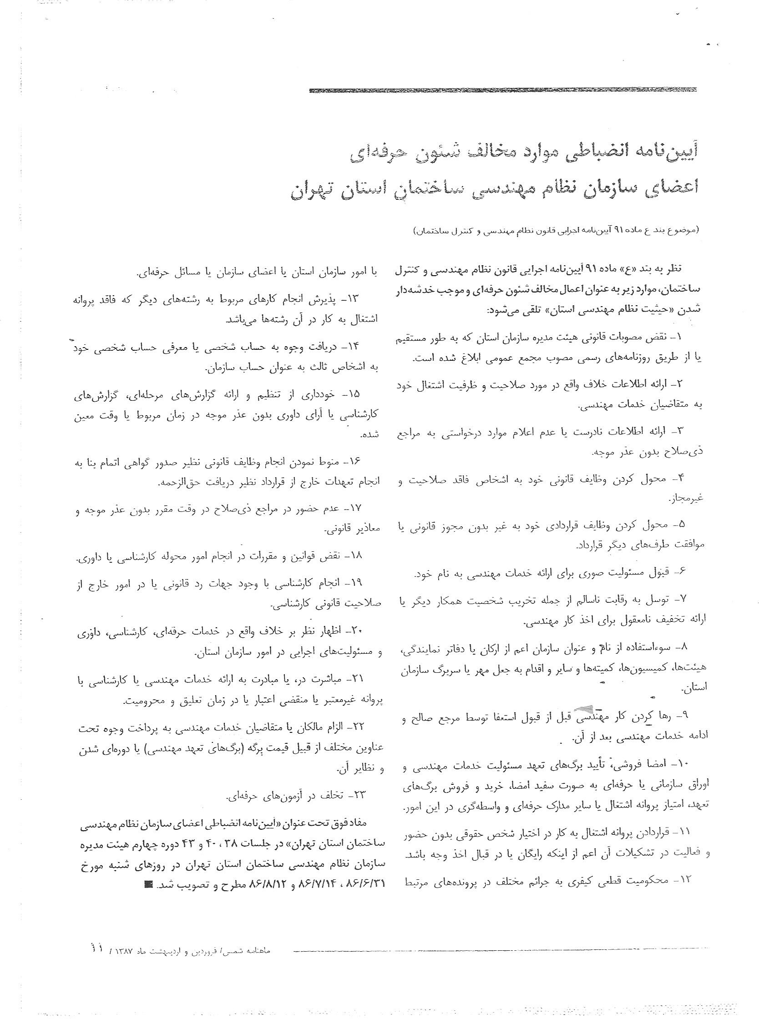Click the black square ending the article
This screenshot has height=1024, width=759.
148,884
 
